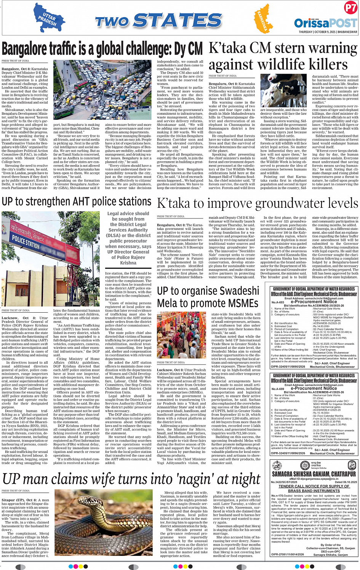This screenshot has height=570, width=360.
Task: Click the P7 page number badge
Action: (350, 8)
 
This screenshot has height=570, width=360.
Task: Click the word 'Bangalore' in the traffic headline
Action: (25, 50)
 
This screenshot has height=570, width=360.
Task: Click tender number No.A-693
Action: (277, 302)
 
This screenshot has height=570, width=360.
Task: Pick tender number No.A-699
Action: (277, 389)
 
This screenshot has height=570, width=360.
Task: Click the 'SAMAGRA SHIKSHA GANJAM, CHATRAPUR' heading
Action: (314, 474)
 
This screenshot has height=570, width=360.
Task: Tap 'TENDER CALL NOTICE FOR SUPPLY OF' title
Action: (314, 486)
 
